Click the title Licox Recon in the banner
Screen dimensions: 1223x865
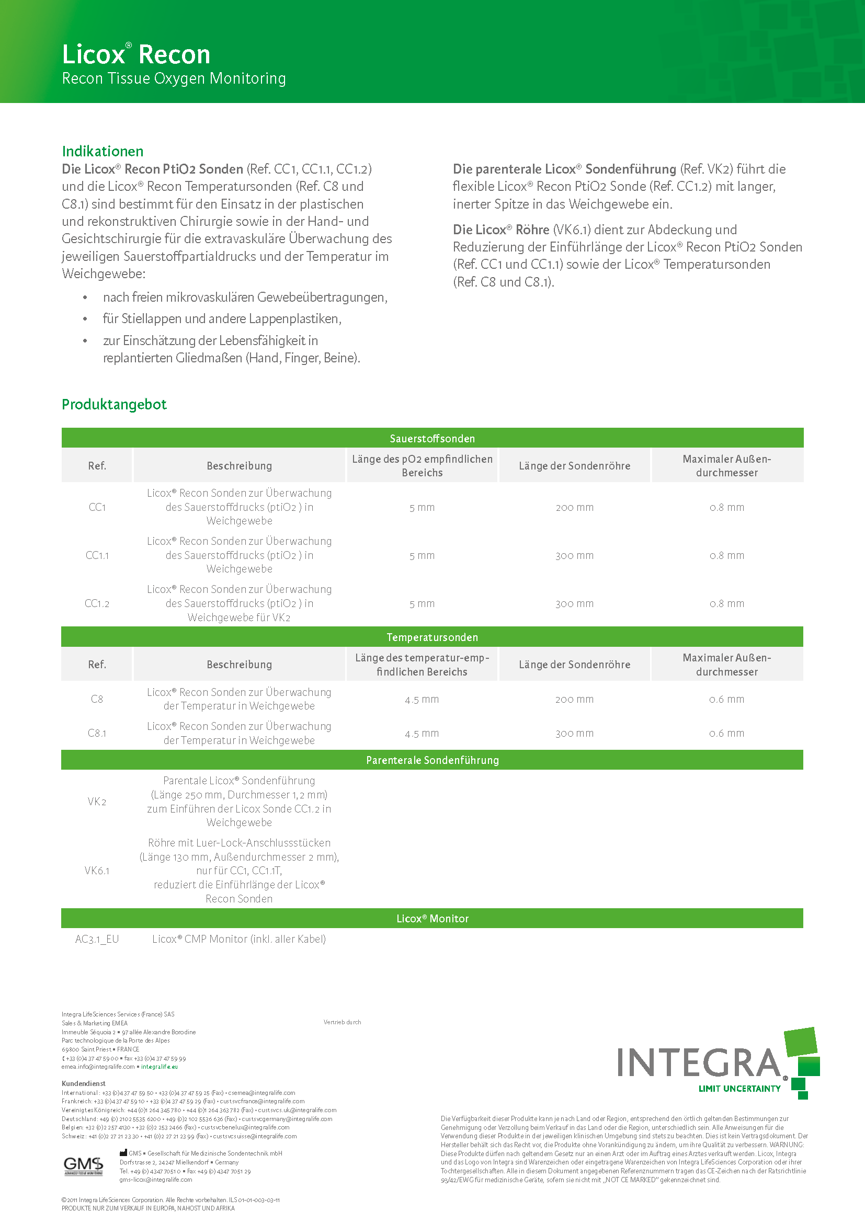(x=136, y=54)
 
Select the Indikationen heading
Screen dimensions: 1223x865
(x=103, y=151)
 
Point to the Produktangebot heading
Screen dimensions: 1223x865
(x=114, y=404)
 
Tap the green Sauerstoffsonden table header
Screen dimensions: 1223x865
(x=432, y=438)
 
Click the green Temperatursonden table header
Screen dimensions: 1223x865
(x=432, y=637)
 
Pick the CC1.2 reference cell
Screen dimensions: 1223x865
(x=97, y=603)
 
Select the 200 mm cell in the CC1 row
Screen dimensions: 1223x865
(x=574, y=508)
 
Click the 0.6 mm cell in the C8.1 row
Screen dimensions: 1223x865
(x=726, y=734)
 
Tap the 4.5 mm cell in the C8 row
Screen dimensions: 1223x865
(x=422, y=700)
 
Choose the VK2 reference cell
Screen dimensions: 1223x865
(x=97, y=802)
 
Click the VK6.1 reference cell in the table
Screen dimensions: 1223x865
(x=97, y=871)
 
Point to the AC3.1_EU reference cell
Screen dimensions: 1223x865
(x=97, y=939)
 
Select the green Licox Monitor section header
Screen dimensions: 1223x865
(x=432, y=918)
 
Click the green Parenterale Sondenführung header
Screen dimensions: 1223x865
(x=432, y=760)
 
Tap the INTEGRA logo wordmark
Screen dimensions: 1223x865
(x=699, y=1062)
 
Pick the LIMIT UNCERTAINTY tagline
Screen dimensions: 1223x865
(x=739, y=1089)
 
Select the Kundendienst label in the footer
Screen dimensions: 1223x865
(x=84, y=1083)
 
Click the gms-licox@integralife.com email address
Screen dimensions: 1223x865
(x=155, y=1179)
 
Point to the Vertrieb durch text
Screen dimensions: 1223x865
(x=342, y=1022)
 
